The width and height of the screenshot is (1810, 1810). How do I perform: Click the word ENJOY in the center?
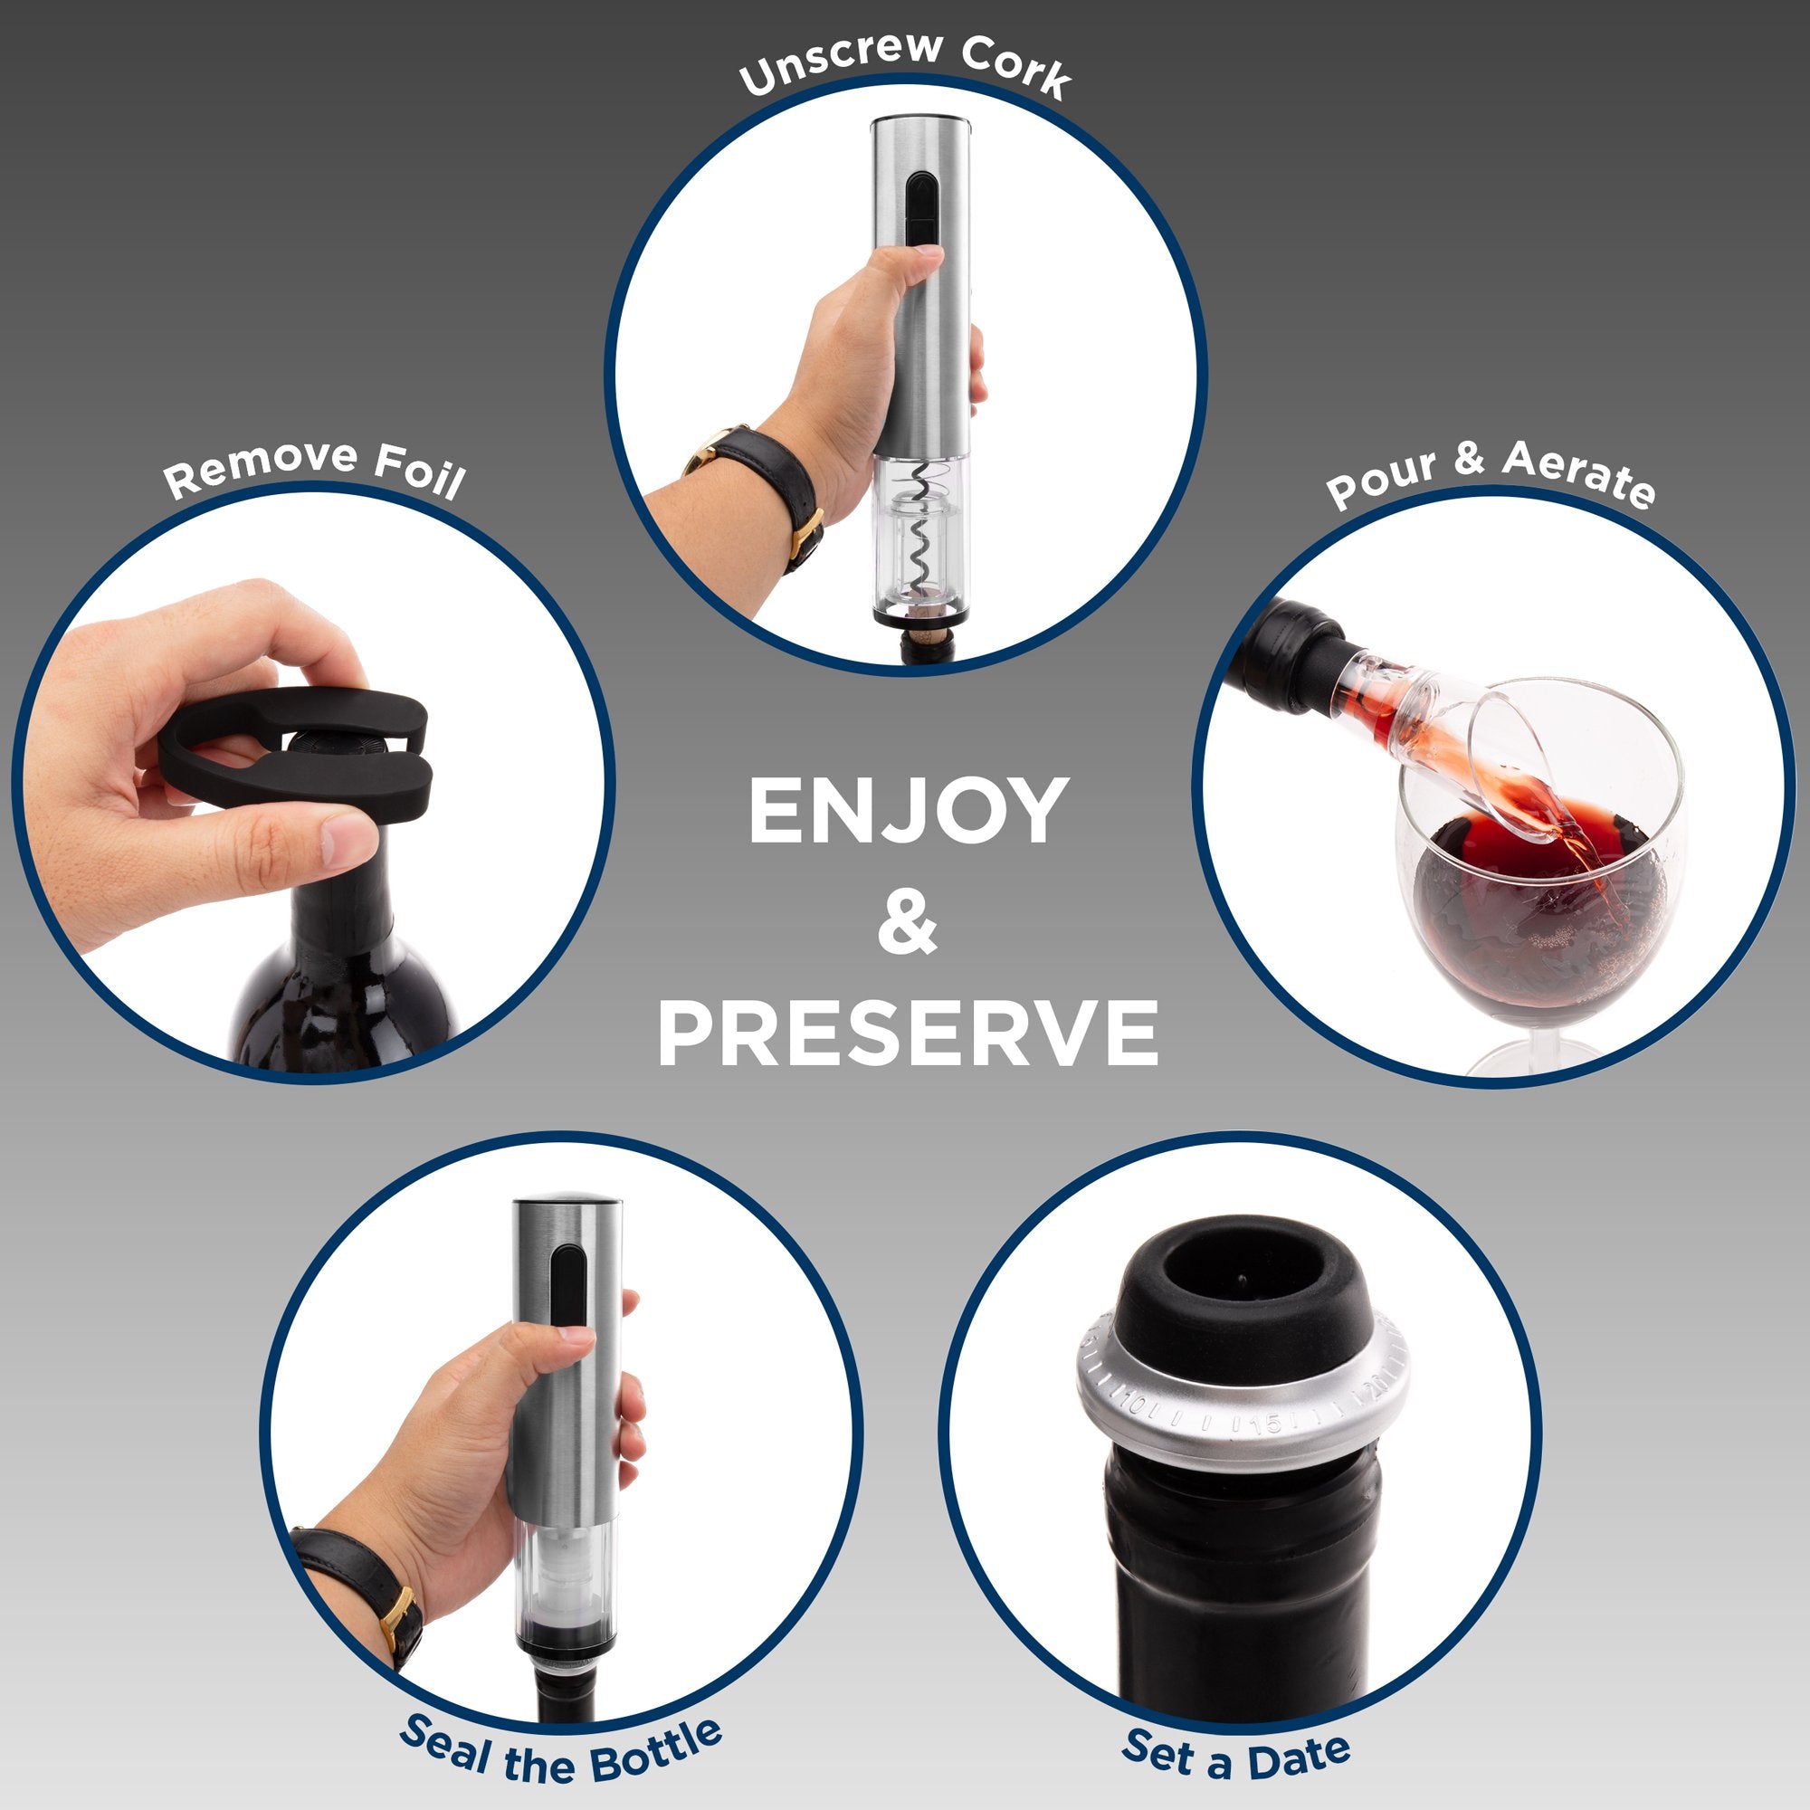pyautogui.click(x=907, y=811)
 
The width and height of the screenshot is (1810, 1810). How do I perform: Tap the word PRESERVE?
pyautogui.click(x=908, y=1034)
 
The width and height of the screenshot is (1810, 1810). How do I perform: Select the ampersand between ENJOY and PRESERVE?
pyautogui.click(x=907, y=922)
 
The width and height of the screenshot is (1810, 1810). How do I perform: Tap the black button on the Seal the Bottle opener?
pyautogui.click(x=566, y=1287)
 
